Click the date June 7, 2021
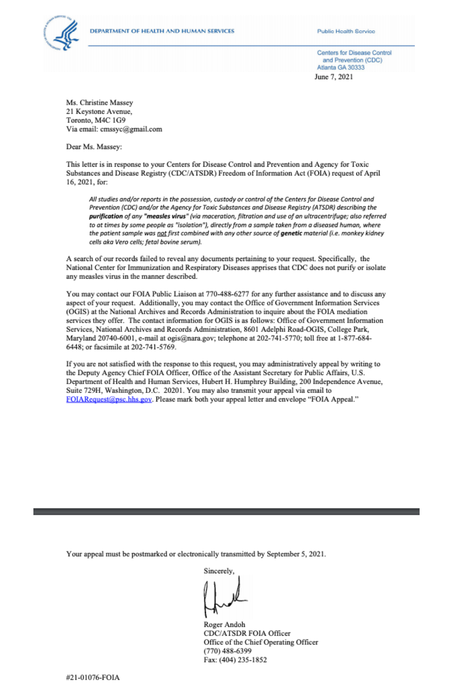pos(333,77)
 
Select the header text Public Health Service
pos(345,31)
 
